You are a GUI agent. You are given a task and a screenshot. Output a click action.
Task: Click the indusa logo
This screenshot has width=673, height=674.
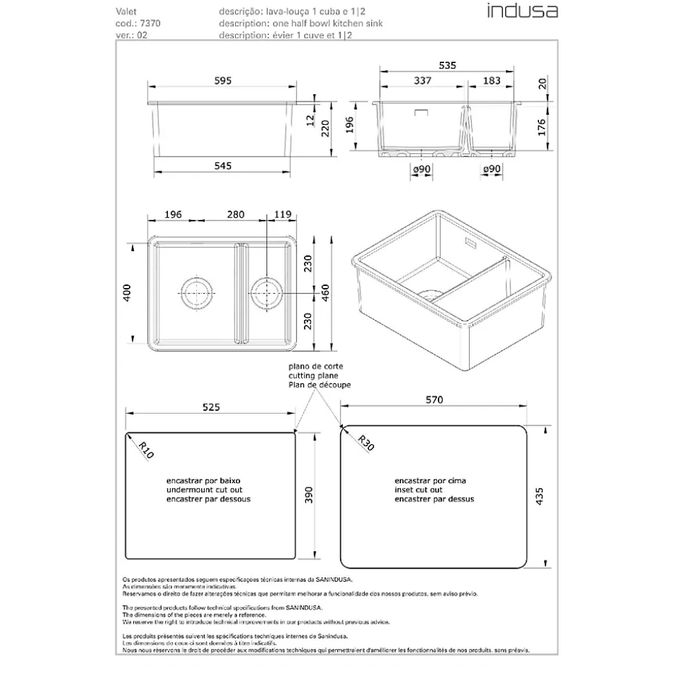click(521, 11)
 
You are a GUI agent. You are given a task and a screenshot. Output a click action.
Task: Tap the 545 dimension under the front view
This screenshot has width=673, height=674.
click(223, 165)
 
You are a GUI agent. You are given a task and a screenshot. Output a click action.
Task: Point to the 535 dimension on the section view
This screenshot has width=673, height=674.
click(448, 65)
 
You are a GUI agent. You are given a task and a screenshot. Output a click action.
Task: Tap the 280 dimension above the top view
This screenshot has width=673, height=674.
click(235, 215)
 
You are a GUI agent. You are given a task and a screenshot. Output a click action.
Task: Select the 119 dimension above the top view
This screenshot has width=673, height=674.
click(281, 215)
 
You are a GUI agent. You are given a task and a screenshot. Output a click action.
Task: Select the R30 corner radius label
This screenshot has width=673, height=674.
click(366, 443)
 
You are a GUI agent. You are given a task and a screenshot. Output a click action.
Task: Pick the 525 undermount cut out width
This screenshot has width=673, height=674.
click(211, 407)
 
